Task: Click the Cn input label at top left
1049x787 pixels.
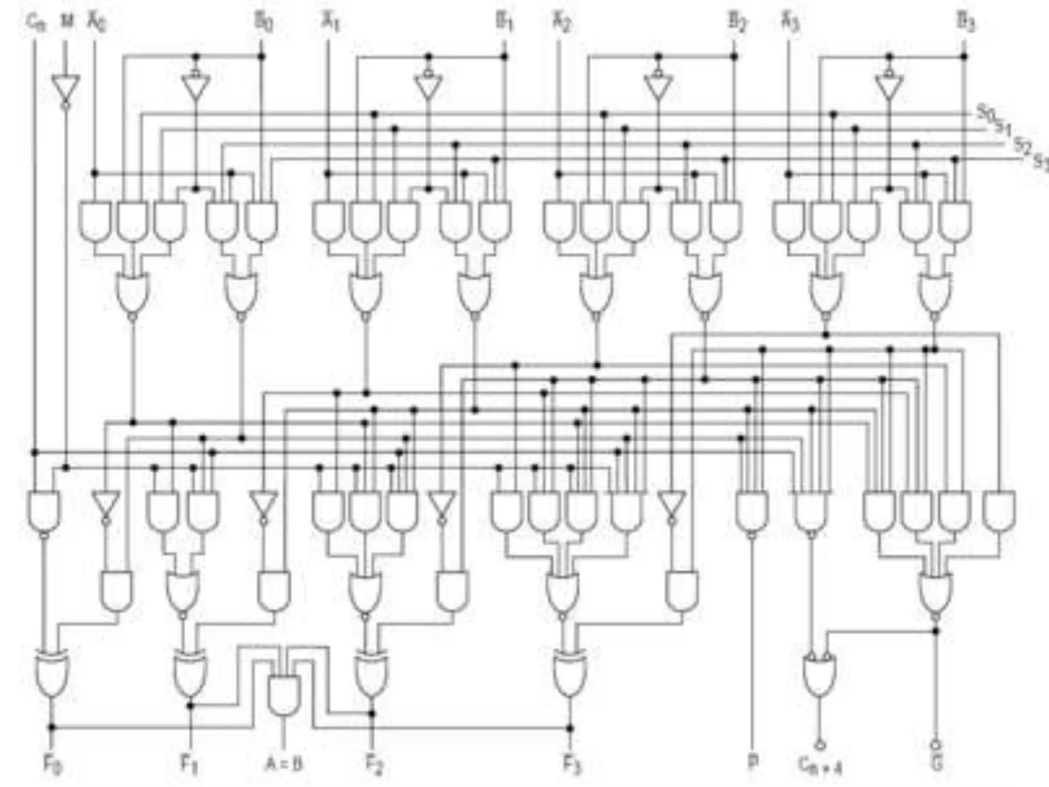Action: [x=36, y=23]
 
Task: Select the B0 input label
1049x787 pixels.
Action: [x=263, y=23]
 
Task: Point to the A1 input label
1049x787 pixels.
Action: [x=330, y=23]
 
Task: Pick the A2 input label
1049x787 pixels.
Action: [x=561, y=23]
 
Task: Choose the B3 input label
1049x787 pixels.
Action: [x=966, y=23]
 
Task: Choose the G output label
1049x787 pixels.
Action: [x=936, y=763]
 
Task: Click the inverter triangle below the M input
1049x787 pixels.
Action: [x=66, y=90]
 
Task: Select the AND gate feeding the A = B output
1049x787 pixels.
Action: [x=284, y=694]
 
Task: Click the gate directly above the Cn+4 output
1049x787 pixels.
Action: [x=820, y=674]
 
